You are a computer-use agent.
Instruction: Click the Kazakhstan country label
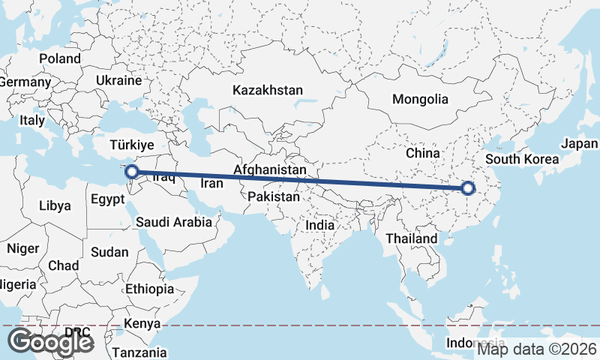point(268,90)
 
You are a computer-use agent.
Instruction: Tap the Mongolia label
point(420,99)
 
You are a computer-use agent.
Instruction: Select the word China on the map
point(422,153)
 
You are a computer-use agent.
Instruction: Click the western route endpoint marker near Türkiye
point(132,172)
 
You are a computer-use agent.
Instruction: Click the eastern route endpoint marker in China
point(469,188)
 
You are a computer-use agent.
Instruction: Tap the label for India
point(320,225)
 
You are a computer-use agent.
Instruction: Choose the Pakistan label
point(274,197)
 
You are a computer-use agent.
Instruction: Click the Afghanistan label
point(269,170)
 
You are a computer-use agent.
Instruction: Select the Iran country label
point(211,182)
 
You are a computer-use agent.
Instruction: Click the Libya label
point(55,205)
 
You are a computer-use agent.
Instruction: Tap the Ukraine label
point(118,80)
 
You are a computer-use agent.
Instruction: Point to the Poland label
point(60,58)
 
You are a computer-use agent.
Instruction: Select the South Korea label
point(522,159)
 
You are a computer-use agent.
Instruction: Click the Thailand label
point(411,238)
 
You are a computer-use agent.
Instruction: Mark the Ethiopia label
point(150,289)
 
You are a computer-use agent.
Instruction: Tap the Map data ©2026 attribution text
point(537,348)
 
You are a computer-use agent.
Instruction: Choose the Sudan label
point(109,253)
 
